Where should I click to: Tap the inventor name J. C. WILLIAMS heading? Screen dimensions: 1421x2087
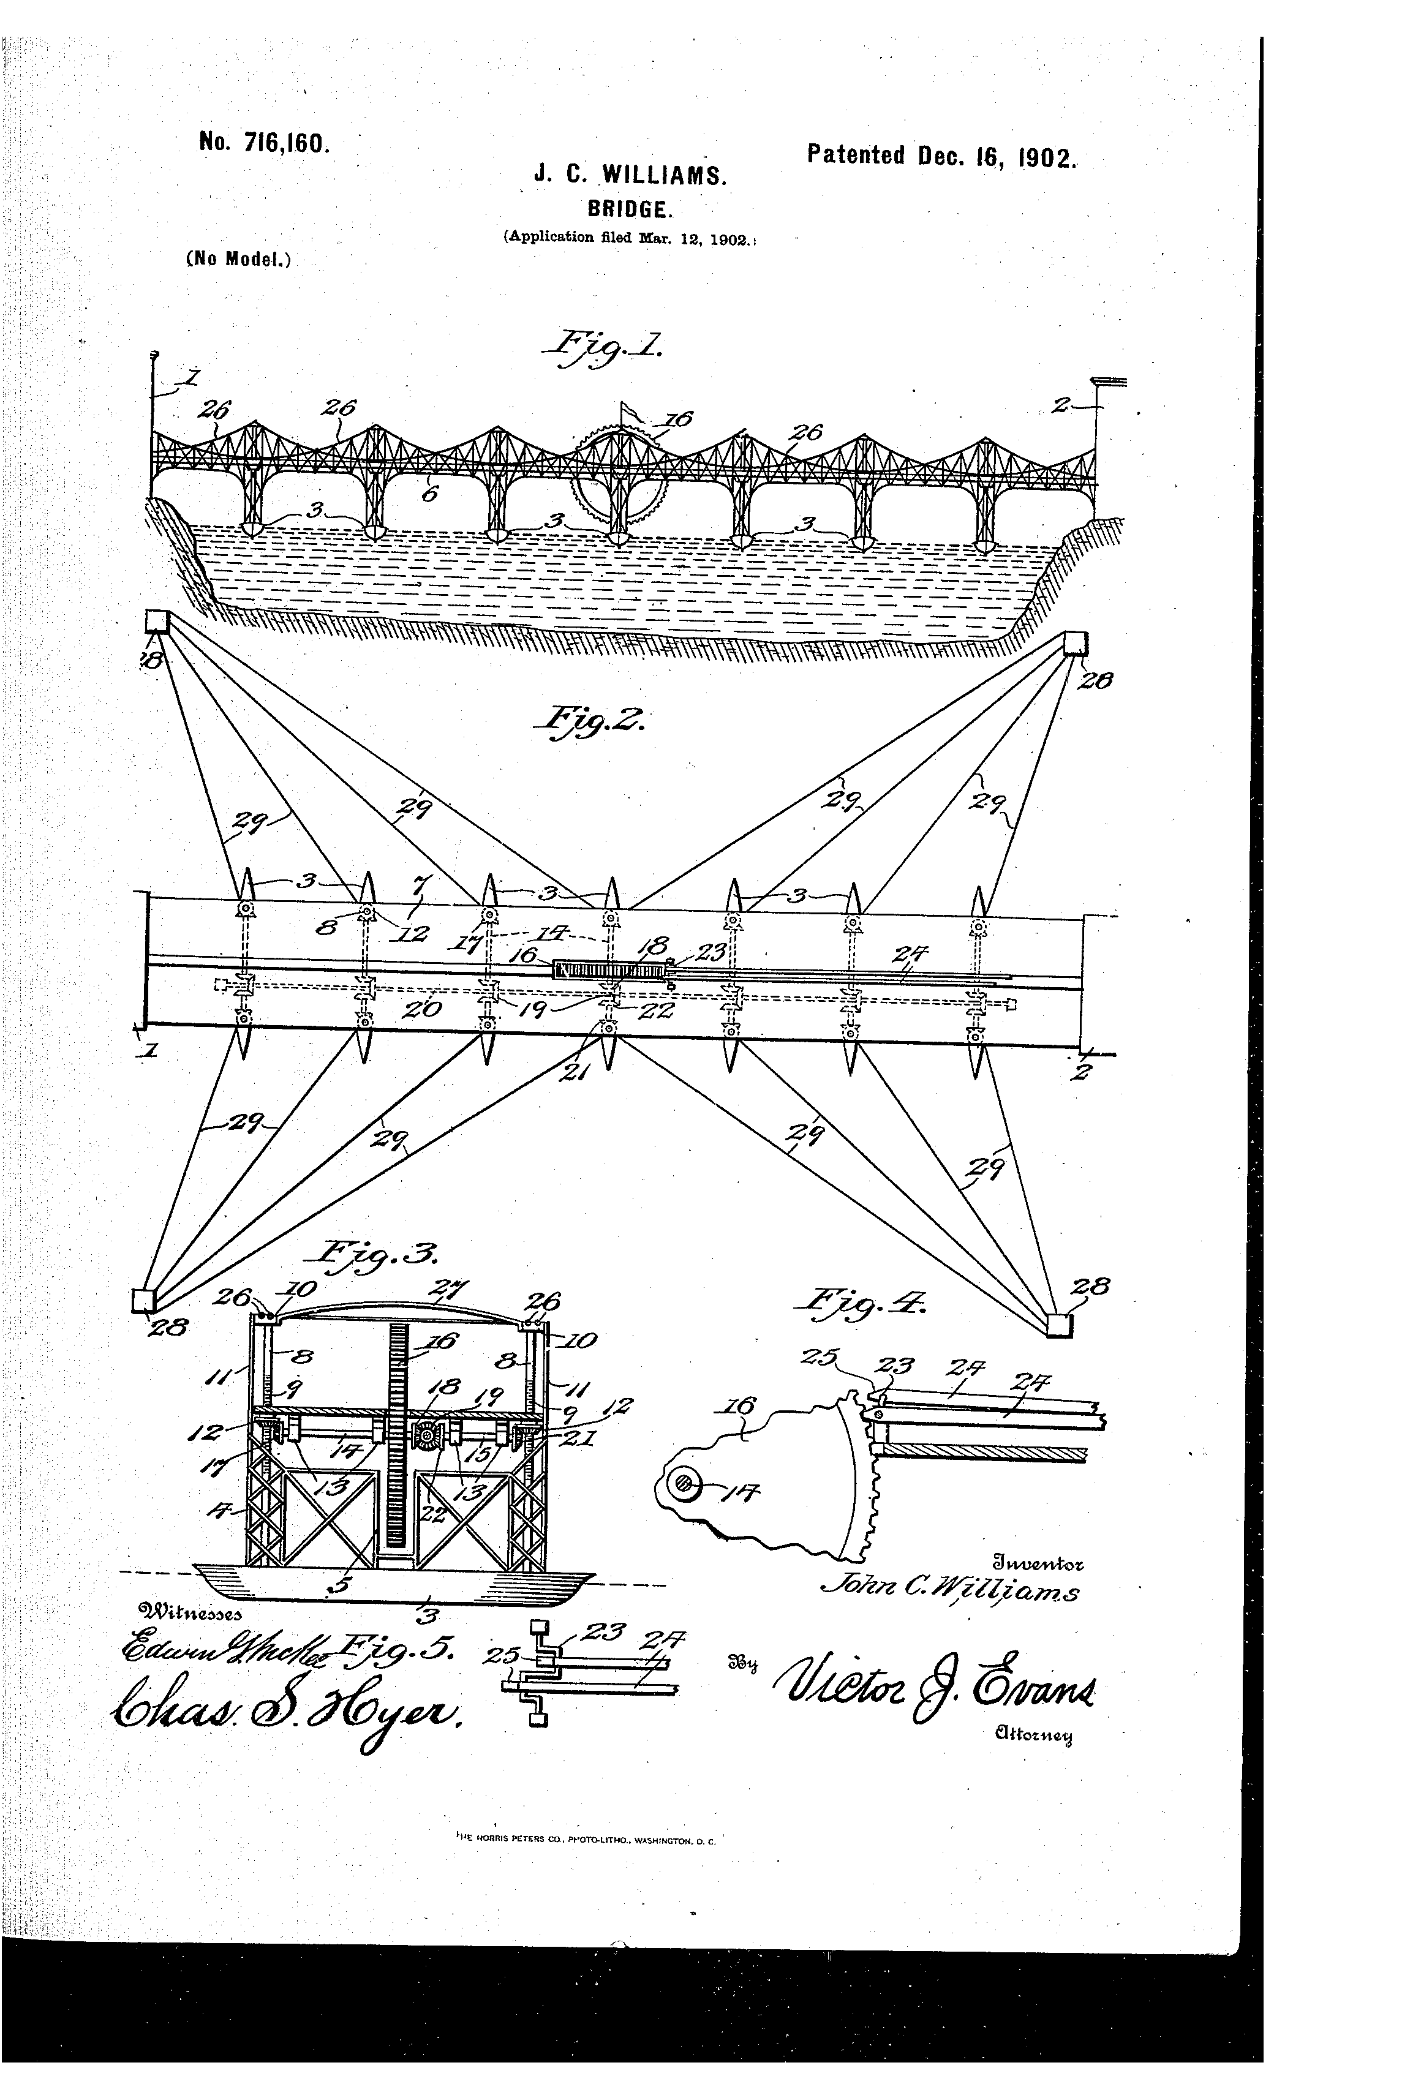pyautogui.click(x=630, y=174)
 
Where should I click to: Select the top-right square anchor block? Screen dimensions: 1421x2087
pyautogui.click(x=1075, y=644)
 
